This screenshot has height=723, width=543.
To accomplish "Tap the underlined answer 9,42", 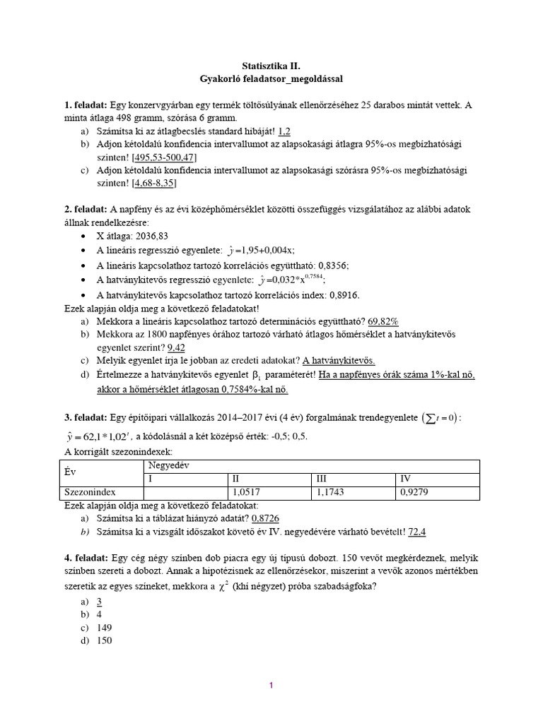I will point(176,347).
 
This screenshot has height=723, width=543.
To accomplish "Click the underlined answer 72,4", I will point(417,531).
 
